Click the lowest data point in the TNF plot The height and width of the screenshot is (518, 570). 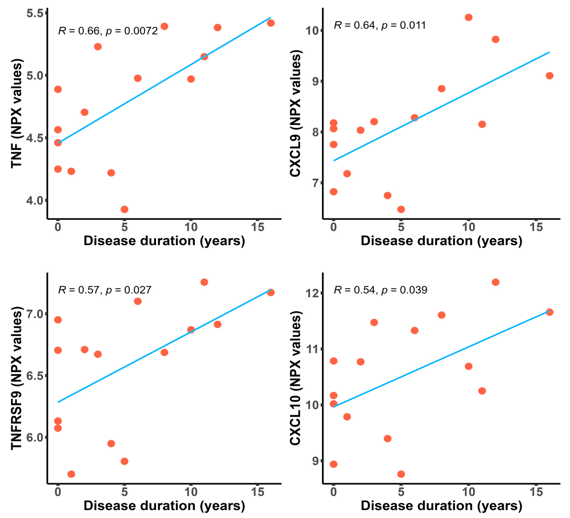click(x=124, y=209)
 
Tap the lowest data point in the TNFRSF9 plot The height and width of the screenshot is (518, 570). click(x=71, y=474)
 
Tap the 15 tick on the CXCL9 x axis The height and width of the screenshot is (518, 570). click(x=536, y=227)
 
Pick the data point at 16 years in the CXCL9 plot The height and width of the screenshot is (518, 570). click(x=549, y=76)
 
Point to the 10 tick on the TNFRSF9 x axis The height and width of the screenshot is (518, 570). click(x=191, y=492)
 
